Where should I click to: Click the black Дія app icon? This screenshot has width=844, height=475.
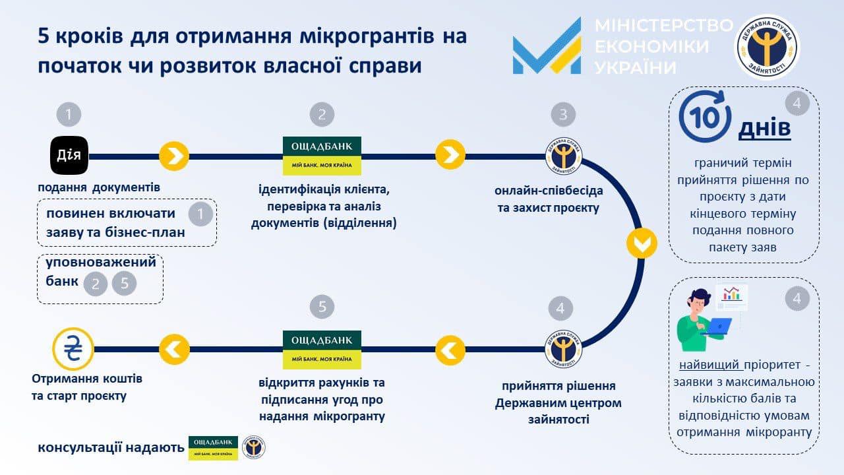69,155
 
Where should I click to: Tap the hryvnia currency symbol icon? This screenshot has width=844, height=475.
73,349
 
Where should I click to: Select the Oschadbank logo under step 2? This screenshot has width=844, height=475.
322,156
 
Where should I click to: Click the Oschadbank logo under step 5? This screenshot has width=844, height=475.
322,350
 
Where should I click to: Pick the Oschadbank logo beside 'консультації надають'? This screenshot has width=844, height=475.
213,448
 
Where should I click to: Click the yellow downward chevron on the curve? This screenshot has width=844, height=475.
642,243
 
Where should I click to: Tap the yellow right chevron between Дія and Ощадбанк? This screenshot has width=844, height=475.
174,156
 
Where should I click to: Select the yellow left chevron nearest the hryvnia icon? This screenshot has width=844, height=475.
174,350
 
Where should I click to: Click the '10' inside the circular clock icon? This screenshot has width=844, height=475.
705,118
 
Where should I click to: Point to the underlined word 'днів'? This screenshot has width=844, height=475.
764,128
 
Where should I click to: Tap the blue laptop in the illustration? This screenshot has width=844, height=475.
717,327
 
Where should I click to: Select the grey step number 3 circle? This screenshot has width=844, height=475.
563,114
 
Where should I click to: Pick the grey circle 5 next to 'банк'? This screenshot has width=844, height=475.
124,284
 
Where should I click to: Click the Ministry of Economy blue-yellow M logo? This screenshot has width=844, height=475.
547,46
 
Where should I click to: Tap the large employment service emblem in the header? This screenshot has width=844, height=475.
767,47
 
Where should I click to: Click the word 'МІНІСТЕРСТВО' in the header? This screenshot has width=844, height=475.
664,25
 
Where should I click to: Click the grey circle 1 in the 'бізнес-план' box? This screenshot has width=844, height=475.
200,214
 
